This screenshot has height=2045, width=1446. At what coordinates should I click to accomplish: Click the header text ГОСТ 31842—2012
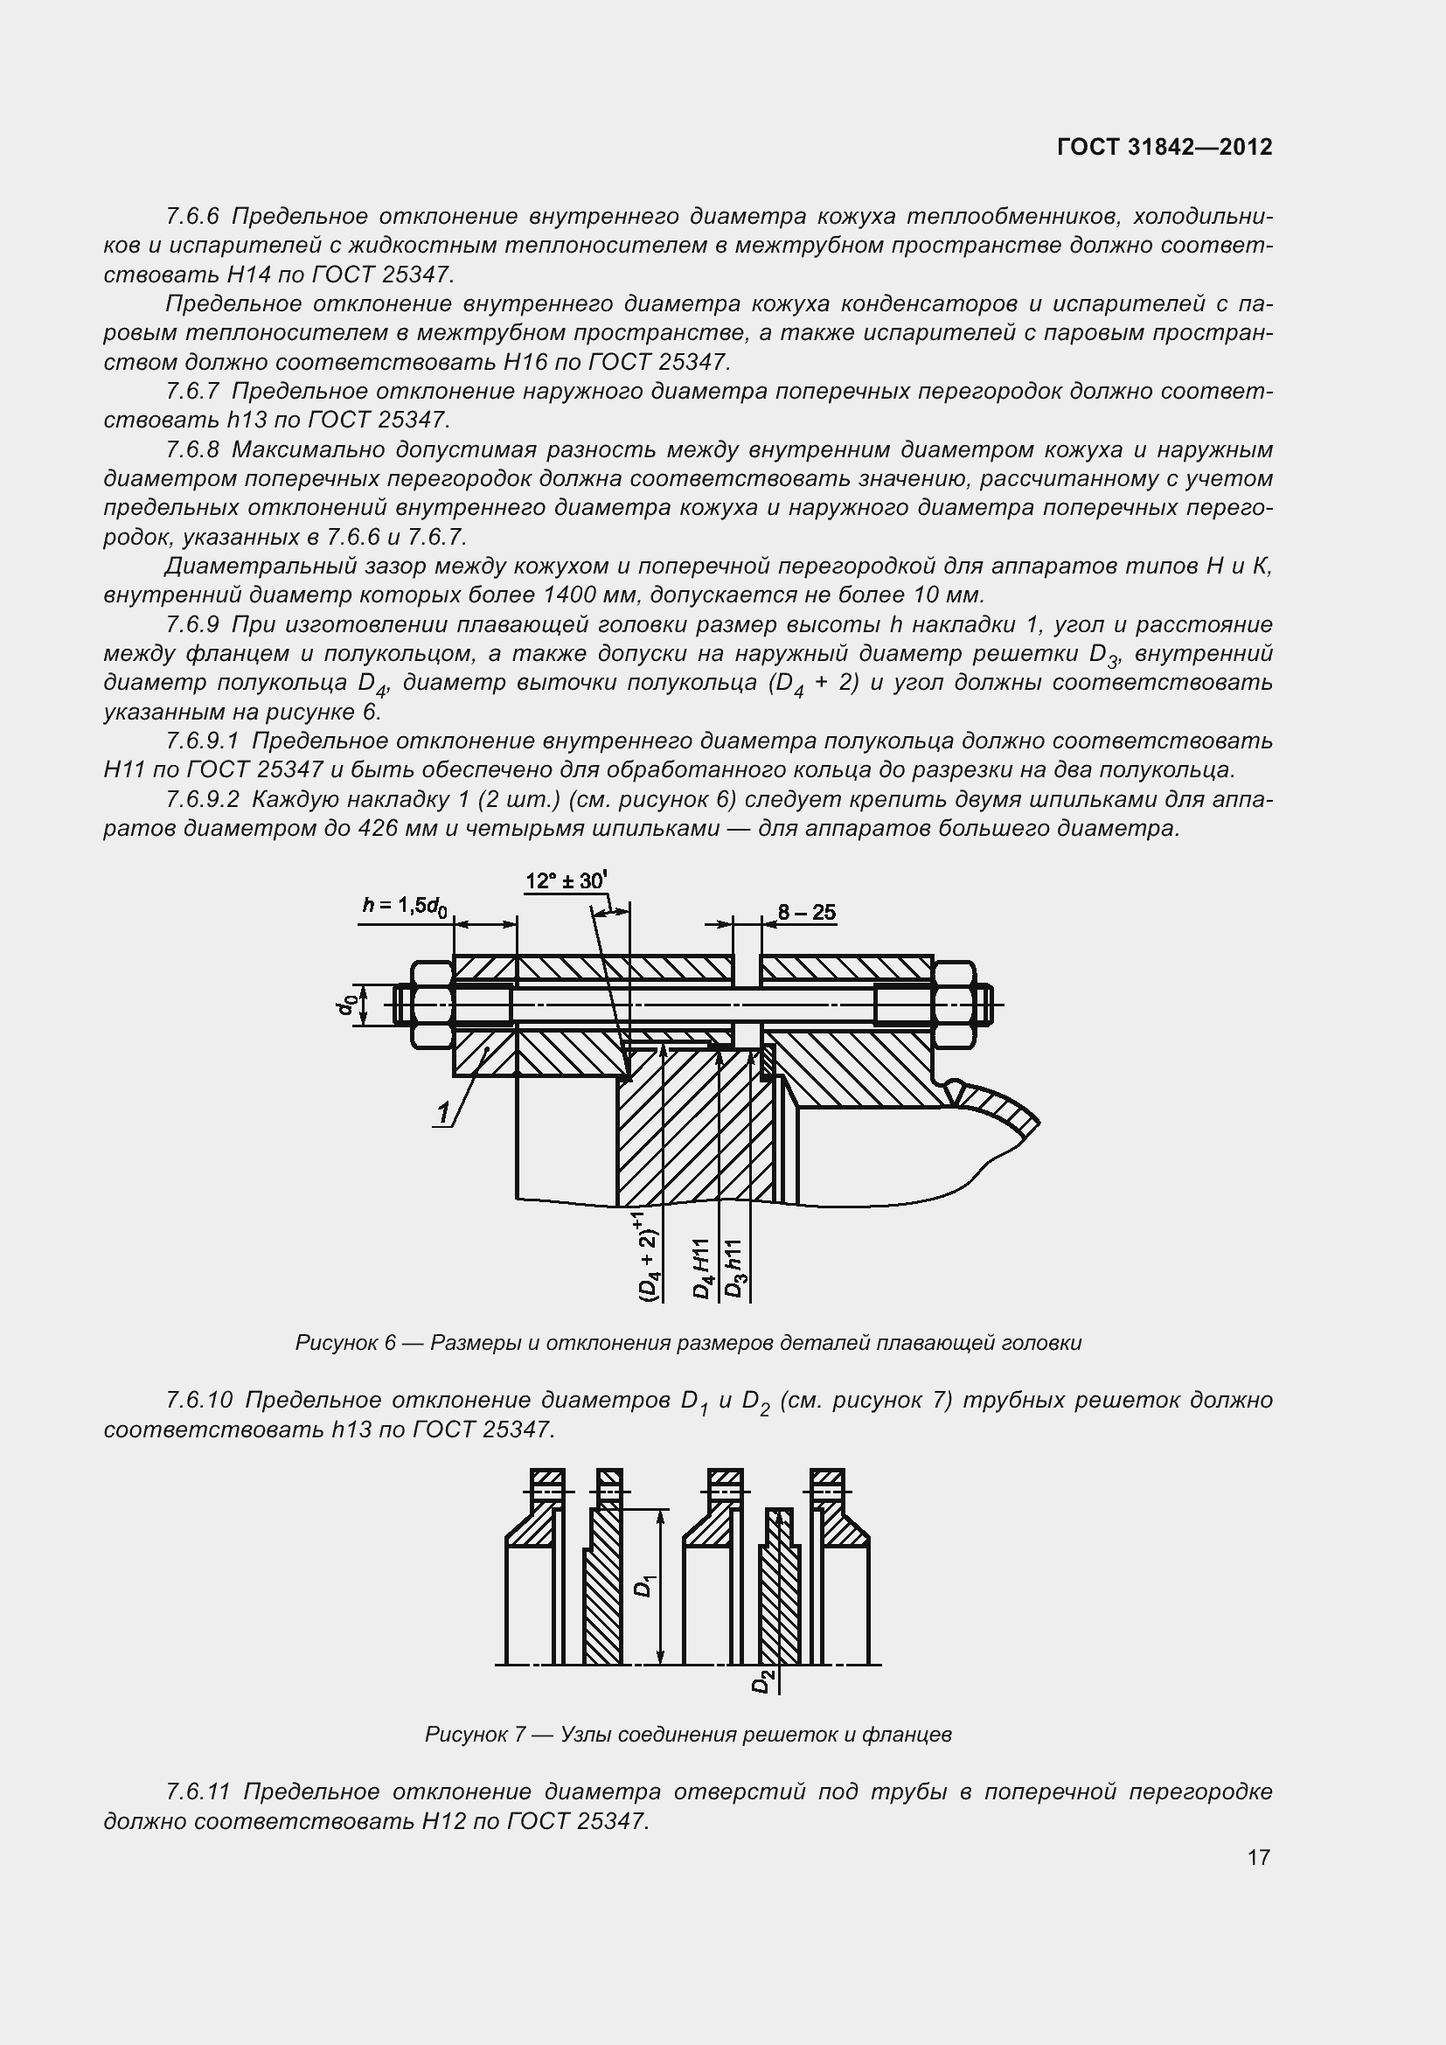pos(1164,147)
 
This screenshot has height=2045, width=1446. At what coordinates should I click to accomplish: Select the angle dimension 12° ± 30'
pos(566,882)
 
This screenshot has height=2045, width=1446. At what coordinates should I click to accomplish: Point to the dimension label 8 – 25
pos(806,912)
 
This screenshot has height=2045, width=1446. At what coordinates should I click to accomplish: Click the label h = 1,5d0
pos(404,907)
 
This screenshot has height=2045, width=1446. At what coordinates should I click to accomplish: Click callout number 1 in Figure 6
pos(443,1111)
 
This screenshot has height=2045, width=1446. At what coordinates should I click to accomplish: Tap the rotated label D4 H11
pos(703,1269)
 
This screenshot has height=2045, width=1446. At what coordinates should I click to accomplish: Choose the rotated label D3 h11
pos(733,1269)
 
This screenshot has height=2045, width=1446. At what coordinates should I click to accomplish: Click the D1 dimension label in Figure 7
pos(646,1586)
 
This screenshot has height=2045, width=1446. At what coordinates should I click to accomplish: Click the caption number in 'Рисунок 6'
pos(388,1343)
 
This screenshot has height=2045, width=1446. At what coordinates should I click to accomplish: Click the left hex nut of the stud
pos(432,1004)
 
